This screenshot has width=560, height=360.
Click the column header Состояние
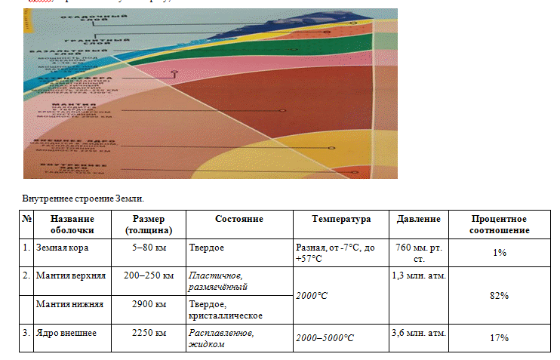point(238,219)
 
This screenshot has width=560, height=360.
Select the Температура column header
point(341,219)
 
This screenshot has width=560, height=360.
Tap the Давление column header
point(418,219)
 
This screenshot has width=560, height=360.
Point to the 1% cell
point(499,252)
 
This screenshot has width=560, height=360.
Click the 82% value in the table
point(499,295)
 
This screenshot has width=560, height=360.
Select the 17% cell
point(499,337)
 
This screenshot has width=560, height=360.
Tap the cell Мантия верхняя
point(71,275)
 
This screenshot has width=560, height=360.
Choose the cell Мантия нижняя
point(69,304)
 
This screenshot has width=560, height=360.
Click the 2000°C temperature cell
point(312,295)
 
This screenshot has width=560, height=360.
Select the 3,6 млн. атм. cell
point(419,332)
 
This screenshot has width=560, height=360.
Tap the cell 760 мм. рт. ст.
point(418,252)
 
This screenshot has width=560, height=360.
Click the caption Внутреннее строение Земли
point(83,198)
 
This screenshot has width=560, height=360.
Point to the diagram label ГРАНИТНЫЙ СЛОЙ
point(88,39)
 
